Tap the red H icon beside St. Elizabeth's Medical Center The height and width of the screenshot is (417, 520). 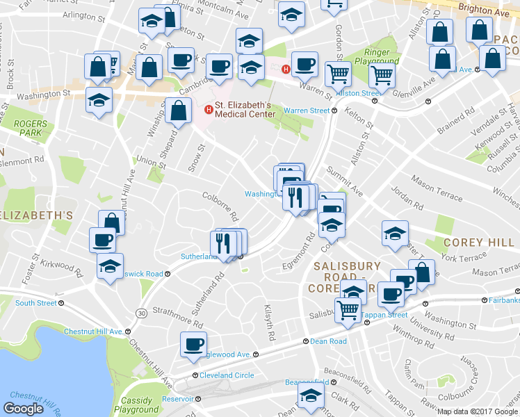(x=207, y=110)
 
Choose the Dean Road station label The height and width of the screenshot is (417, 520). (x=328, y=341)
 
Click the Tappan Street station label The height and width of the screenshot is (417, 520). (x=384, y=315)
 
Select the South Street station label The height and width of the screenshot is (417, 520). (x=35, y=303)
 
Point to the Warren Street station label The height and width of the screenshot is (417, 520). (x=306, y=111)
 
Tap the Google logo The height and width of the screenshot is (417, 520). (x=24, y=409)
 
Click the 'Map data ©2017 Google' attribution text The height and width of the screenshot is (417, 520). (x=477, y=411)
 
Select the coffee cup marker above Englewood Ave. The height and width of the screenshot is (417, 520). (x=193, y=343)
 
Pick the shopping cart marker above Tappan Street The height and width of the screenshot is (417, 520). (x=348, y=310)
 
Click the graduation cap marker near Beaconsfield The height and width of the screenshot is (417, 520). (x=311, y=399)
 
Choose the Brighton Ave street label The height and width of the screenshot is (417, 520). (x=491, y=12)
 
